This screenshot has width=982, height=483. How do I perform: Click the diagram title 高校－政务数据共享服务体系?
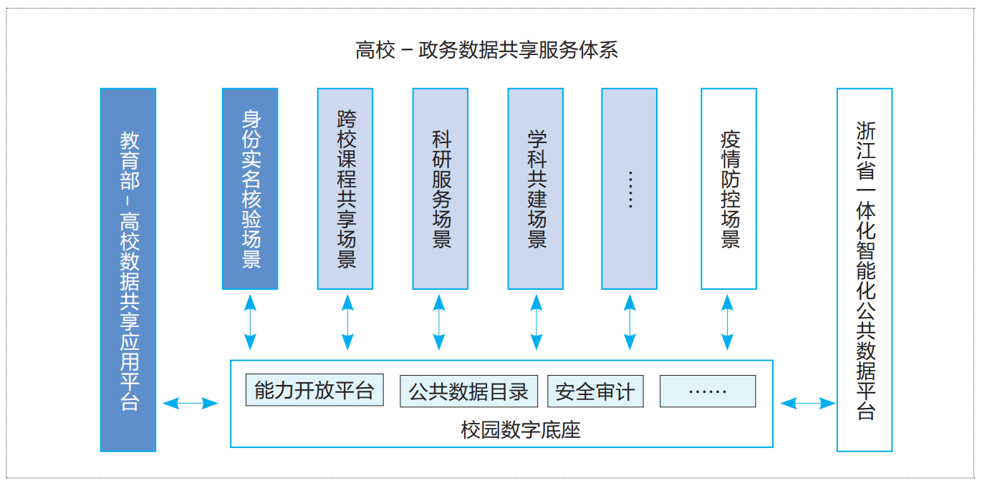point(486,50)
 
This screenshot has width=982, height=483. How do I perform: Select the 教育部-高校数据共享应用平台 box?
point(128,270)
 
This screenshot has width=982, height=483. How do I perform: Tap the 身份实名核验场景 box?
point(250,189)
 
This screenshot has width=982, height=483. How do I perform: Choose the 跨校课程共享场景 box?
point(345,189)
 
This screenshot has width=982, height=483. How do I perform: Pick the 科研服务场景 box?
point(441,189)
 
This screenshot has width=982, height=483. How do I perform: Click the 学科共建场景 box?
point(536,189)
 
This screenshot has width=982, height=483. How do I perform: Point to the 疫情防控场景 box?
point(728,189)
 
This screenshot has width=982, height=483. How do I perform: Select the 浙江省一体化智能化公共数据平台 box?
point(865,270)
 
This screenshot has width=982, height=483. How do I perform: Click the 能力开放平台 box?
point(314,391)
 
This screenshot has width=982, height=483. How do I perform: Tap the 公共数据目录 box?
point(468,391)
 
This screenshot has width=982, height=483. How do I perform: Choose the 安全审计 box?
point(595,391)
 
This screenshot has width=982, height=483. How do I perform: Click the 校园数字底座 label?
point(521,430)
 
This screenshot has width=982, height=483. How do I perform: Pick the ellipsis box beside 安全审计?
point(707,391)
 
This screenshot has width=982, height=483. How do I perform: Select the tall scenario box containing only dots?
point(630,189)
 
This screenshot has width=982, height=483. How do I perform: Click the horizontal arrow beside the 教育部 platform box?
point(190,404)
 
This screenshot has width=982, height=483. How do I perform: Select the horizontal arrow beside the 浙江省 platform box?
point(808,404)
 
